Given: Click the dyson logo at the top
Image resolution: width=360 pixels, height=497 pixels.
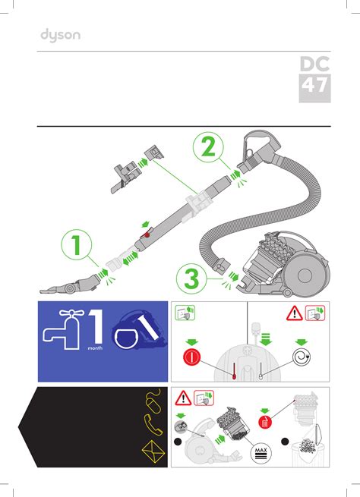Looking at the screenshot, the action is point(60,35).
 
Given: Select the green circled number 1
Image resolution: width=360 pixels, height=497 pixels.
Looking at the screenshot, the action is point(77,244).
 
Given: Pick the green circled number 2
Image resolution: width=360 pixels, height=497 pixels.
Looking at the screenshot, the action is point(208,147).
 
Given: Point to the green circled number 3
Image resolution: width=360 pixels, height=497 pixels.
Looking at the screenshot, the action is point(191,279).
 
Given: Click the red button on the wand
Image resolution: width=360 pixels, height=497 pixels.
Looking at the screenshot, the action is point(147,235).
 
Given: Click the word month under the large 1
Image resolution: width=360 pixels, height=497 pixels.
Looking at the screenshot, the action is point(95,348).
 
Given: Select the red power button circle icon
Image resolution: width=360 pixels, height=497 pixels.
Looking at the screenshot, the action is point(191,357).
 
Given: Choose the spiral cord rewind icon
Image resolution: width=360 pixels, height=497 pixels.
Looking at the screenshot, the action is point(302,357).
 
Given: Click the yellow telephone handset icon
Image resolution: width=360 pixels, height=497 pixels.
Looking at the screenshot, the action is point(153,424).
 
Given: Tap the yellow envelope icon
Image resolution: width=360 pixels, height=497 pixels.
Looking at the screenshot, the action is point(153,451).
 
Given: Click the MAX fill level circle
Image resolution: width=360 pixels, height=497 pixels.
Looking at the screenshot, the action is point(261,454).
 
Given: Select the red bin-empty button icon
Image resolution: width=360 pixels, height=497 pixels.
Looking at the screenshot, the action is point(265,422).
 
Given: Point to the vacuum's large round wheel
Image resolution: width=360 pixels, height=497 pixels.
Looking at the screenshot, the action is point(305,275).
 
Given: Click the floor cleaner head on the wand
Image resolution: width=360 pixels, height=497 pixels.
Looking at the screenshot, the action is point(71,285).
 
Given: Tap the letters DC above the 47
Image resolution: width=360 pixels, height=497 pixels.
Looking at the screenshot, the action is point(314,64).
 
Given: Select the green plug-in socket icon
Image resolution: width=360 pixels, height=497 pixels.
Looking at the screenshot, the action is point(185,313).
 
